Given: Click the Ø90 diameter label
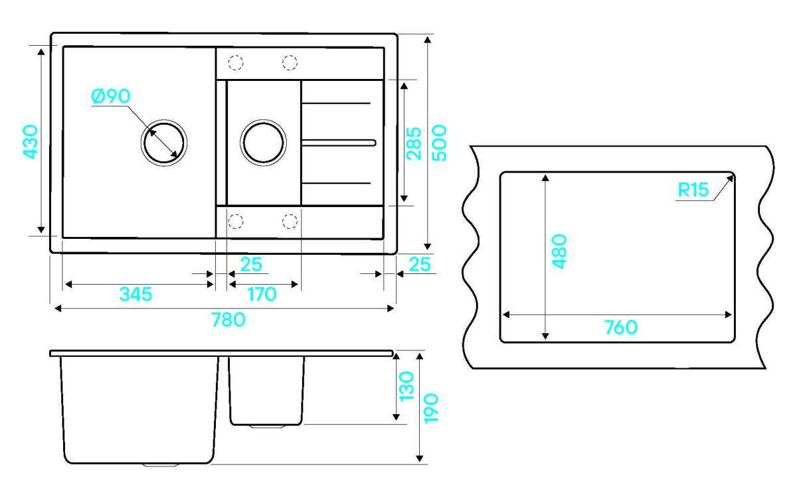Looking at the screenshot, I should pos(111,96).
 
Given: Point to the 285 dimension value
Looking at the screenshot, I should pos(414,143).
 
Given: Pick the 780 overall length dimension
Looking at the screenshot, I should pos(228,320).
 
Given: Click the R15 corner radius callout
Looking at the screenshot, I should pos(693,191).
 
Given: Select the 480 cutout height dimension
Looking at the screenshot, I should pos(559,251).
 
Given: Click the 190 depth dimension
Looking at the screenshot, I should pos(431,407).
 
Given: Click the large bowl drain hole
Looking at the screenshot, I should pos(163,141).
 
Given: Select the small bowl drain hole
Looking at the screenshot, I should pos(264,142).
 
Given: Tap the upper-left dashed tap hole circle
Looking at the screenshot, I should pos(236,63).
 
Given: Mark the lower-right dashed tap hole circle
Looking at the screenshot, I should pos(290,220).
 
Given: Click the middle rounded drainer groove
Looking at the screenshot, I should pos(339,142).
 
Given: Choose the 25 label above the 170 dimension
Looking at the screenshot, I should pos(250,265).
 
